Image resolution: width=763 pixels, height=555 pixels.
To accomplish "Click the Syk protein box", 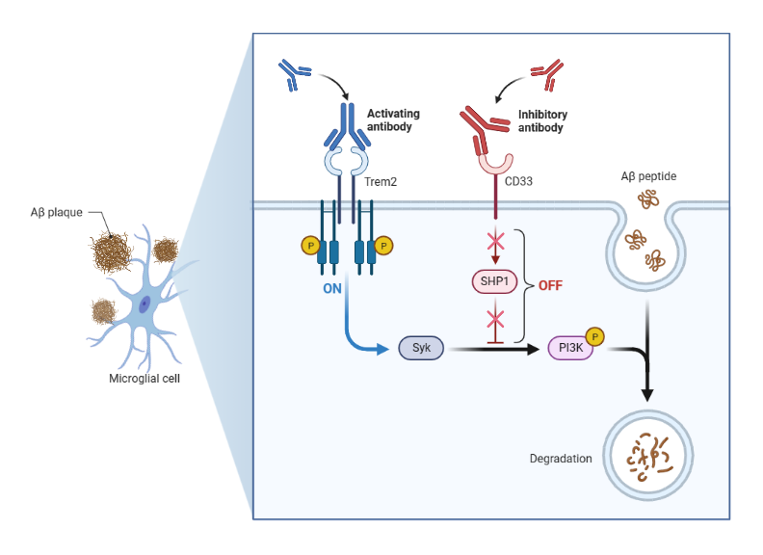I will pos(421,349).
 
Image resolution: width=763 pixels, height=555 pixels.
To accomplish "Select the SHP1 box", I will pos(493,281).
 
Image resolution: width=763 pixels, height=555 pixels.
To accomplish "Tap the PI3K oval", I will pos(570,349).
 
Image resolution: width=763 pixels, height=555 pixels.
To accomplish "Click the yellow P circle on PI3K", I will pos(595,336).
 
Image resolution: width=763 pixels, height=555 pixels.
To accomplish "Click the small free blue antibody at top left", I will pos(292,74).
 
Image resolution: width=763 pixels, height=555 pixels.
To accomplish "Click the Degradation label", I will pos(561,459).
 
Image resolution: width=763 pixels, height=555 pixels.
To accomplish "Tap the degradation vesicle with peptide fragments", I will pos(648,454).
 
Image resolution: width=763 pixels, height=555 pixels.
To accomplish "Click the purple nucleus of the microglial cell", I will pos(145,304).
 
